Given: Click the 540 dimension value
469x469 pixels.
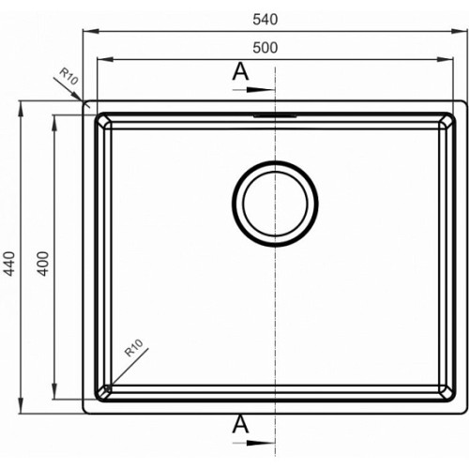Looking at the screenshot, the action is coord(265,20).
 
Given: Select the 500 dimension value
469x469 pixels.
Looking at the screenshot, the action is coord(265,48).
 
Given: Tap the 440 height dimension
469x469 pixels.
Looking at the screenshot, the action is coord(9,264).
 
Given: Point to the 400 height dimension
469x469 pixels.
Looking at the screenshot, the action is coord(43,264).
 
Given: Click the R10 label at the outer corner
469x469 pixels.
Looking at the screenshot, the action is coord(68,77).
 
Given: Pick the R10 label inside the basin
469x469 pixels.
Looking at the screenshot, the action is coord(134,348).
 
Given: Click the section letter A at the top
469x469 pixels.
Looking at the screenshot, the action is coord(240,71).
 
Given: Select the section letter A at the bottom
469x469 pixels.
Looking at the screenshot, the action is coord(240,424).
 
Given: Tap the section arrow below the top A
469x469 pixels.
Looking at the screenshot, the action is coord(253,90).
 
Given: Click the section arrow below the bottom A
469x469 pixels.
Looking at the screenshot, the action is coord(253,443).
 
